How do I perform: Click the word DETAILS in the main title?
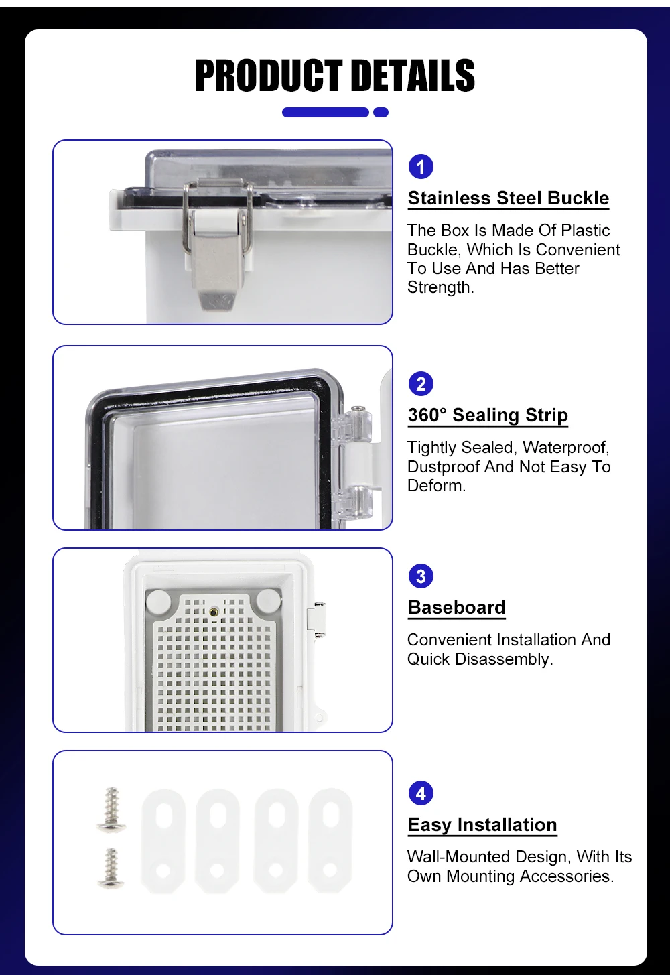(413, 76)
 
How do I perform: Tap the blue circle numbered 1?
(421, 166)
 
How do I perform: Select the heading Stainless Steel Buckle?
(508, 198)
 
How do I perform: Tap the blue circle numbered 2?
(421, 384)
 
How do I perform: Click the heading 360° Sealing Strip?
(488, 415)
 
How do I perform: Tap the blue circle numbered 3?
(421, 576)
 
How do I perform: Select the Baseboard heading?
(457, 608)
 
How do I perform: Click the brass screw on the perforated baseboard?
(214, 611)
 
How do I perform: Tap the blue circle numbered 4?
(421, 793)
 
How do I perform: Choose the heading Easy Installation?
(482, 825)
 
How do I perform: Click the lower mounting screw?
(111, 868)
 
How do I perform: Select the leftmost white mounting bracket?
(163, 841)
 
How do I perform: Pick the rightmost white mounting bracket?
(330, 841)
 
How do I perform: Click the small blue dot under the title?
(381, 112)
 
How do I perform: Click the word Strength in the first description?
(439, 287)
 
